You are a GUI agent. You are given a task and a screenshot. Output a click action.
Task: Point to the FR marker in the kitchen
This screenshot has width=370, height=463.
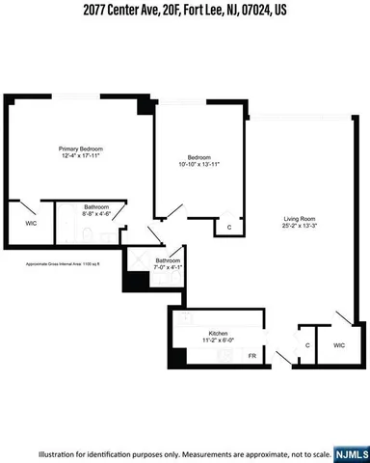tap(252, 356)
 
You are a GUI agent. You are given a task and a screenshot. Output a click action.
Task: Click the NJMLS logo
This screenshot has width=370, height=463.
tap(345, 449)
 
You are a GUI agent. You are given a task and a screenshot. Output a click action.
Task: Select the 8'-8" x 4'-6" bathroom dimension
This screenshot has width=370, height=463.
tap(96, 215)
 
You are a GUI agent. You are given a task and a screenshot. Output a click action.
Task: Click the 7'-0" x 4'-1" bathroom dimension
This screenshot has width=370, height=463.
tap(170, 267)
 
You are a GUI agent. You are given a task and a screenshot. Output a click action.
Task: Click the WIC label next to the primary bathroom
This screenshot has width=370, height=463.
tap(30, 222)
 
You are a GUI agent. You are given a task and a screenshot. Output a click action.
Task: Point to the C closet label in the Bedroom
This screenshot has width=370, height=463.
tap(229, 228)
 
